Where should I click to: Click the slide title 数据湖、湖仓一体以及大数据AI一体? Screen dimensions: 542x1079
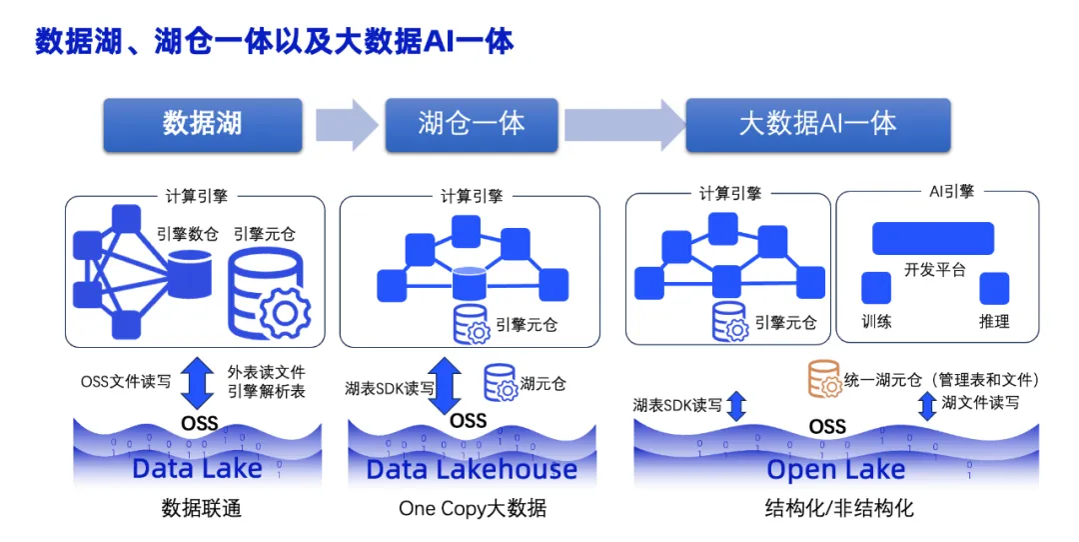(275, 41)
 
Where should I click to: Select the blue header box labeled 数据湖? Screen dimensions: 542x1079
(202, 124)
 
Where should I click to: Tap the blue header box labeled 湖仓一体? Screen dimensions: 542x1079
(472, 124)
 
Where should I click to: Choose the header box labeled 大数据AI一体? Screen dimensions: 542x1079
(817, 124)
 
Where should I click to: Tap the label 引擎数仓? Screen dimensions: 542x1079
(187, 235)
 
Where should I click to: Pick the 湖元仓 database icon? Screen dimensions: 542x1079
(501, 383)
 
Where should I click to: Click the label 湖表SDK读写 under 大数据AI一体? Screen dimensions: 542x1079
(677, 405)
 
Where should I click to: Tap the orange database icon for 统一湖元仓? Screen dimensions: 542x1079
(823, 380)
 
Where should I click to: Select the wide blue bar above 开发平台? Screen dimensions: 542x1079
(932, 238)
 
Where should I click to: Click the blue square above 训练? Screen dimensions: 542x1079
(876, 288)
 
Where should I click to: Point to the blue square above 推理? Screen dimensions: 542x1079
(994, 288)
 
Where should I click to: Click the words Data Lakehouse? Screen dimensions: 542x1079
(472, 469)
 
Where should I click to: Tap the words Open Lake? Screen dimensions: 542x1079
(835, 469)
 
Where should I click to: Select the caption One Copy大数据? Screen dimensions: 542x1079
(473, 508)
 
